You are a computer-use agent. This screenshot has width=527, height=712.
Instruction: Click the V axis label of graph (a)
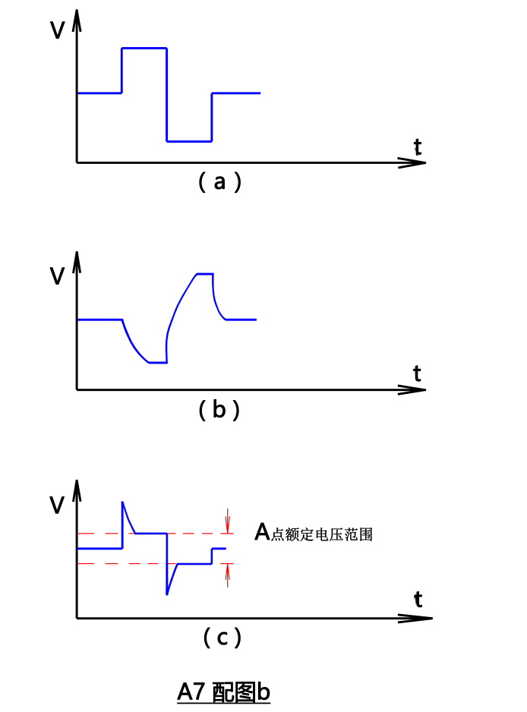click(x=57, y=30)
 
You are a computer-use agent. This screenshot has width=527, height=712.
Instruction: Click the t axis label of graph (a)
click(x=418, y=146)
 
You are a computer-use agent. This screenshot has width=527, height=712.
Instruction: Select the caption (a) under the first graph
click(x=219, y=182)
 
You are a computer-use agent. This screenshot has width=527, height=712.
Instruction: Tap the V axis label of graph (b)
click(x=57, y=276)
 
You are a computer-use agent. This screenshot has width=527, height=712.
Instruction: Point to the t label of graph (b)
click(x=417, y=373)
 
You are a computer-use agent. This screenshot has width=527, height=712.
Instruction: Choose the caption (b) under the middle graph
click(x=219, y=410)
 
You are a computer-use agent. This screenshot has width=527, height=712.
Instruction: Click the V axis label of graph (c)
click(x=57, y=505)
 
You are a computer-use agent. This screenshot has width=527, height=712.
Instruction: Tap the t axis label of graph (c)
click(x=418, y=600)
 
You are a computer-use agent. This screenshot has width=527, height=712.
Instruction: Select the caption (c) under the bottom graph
click(x=222, y=638)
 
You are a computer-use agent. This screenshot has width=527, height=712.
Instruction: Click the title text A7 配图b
click(x=224, y=692)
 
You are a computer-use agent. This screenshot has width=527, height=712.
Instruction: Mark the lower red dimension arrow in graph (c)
click(x=227, y=575)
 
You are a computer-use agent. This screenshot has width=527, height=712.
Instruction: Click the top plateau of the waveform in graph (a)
click(x=144, y=48)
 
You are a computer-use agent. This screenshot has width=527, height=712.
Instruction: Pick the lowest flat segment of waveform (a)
click(x=189, y=141)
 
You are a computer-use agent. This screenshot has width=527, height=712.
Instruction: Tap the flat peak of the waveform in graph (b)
click(x=204, y=273)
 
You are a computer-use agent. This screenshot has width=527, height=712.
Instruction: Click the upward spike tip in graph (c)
click(x=122, y=502)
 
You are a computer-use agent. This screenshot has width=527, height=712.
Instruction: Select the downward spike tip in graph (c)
click(x=167, y=594)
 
